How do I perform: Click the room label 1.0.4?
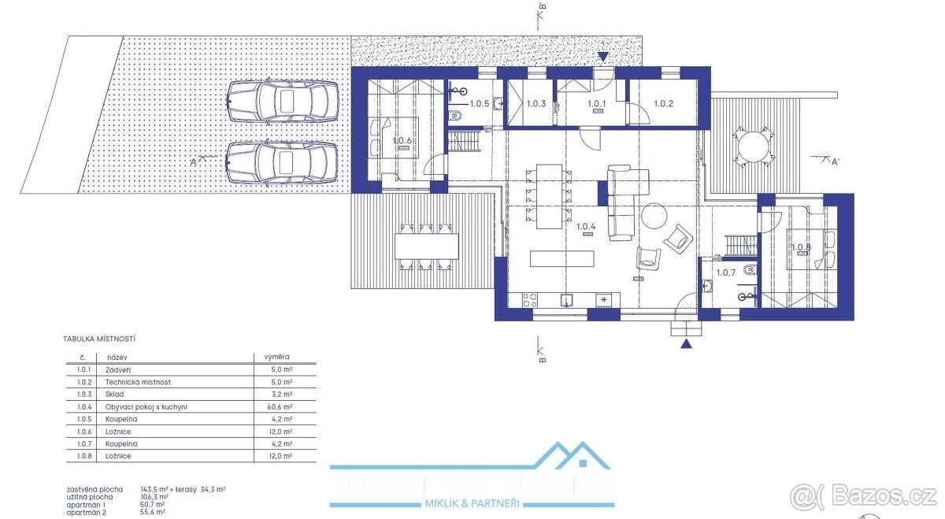[x=585, y=228]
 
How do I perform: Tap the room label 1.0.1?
[x=597, y=103]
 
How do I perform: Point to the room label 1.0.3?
[x=535, y=103]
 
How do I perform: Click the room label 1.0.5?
[x=480, y=103]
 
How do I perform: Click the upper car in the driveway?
[x=278, y=102]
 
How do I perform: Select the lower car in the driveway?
[x=278, y=163]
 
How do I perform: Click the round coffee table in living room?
[x=654, y=216]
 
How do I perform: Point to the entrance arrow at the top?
[x=603, y=57]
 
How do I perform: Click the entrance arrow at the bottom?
[x=687, y=343]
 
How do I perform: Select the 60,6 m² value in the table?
[x=282, y=406]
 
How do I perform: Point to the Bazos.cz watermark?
[x=865, y=496]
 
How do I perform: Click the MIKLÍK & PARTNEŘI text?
[x=472, y=503]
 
